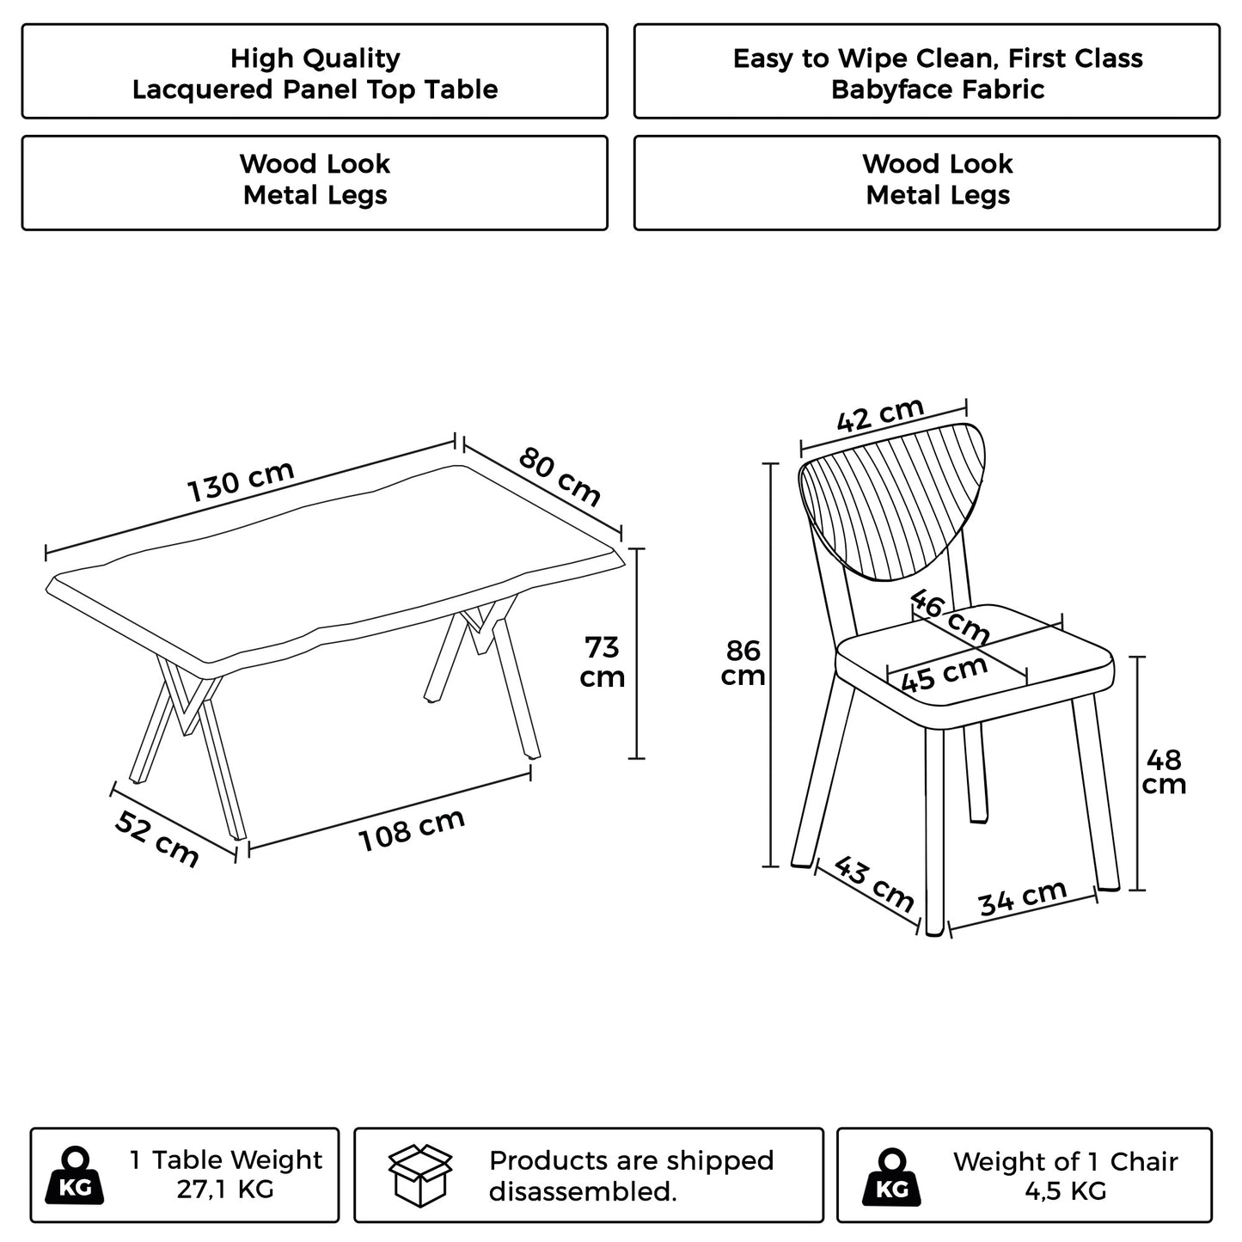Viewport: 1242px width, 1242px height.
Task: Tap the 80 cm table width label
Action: tap(560, 477)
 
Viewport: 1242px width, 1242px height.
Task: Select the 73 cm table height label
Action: tap(602, 662)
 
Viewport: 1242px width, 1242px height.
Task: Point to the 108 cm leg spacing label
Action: tap(411, 830)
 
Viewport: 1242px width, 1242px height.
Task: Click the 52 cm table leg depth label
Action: tap(156, 838)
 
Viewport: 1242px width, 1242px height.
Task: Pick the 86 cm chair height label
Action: tap(742, 663)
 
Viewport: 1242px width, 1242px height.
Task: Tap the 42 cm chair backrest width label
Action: tap(880, 415)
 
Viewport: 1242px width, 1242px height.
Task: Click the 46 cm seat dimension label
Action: tap(949, 615)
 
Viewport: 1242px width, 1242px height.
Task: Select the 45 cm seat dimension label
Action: tap(943, 675)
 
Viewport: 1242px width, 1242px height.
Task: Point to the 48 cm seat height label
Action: tap(1164, 772)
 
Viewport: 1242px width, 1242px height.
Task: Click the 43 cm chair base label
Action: tap(873, 884)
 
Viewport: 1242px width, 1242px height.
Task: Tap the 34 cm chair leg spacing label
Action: tap(1022, 898)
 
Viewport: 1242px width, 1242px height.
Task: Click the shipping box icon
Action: tap(420, 1174)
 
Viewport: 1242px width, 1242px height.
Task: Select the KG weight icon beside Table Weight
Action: tap(76, 1176)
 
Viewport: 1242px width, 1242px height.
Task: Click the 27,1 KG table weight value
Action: tap(225, 1190)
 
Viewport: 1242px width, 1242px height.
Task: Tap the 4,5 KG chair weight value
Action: tap(1065, 1191)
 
